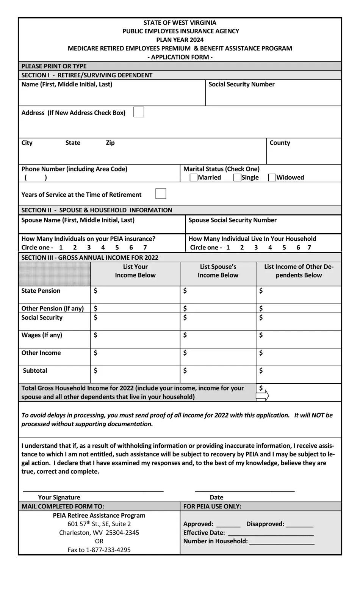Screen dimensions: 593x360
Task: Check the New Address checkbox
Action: [x=139, y=112]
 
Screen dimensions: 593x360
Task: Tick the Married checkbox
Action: [x=194, y=177]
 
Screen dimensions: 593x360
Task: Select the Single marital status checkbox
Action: [x=238, y=177]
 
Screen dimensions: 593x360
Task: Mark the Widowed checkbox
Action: [x=272, y=177]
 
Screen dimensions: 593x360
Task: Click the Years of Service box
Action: [x=161, y=194]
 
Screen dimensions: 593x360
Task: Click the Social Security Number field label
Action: [x=241, y=84]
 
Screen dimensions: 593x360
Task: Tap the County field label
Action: [x=280, y=143]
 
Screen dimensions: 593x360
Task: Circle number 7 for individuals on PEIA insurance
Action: [x=145, y=248]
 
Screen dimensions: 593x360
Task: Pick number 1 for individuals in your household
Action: [x=228, y=248]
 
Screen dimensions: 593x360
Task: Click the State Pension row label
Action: [x=41, y=291]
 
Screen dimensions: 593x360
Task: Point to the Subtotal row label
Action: [x=35, y=370]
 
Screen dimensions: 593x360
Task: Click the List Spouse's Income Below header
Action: [x=218, y=271]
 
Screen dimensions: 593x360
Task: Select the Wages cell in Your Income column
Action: [x=135, y=339]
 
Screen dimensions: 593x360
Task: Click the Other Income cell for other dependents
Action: [x=299, y=357]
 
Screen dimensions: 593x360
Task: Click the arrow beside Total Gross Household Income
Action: [x=263, y=396]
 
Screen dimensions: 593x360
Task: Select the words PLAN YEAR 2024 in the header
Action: [x=180, y=40]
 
